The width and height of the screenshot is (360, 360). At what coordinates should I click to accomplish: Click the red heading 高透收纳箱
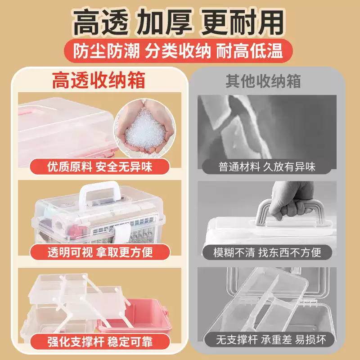click(x=99, y=81)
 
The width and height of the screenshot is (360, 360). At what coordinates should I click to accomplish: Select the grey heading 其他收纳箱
click(x=263, y=81)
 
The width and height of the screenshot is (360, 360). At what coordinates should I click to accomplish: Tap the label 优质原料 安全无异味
click(x=100, y=167)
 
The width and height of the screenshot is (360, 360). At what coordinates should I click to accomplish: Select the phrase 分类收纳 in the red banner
click(x=178, y=51)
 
